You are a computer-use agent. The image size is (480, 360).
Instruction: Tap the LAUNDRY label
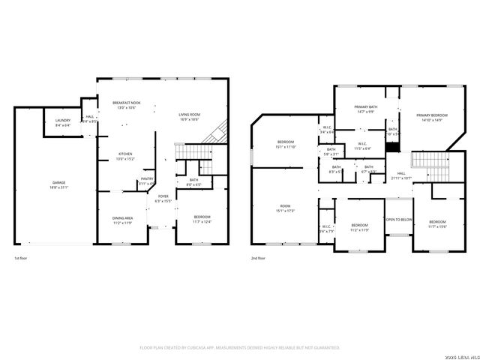click(x=62, y=121)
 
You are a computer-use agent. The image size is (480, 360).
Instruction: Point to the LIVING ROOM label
click(x=188, y=115)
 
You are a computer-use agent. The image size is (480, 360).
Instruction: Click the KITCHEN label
click(x=124, y=154)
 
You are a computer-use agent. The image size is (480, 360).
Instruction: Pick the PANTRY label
click(x=146, y=178)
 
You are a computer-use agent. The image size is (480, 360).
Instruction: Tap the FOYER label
click(x=163, y=196)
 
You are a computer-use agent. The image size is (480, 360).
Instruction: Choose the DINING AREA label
click(x=122, y=219)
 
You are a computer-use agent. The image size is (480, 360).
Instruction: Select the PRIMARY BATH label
click(x=365, y=108)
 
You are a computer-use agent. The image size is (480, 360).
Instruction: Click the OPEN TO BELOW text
click(x=398, y=220)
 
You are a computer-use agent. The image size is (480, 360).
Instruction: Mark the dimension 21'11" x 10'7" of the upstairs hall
click(x=401, y=178)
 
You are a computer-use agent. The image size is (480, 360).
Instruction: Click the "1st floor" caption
click(x=22, y=257)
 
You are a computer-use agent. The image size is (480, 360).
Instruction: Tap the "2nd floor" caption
click(x=259, y=257)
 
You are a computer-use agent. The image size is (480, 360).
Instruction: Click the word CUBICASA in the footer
click(x=196, y=347)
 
